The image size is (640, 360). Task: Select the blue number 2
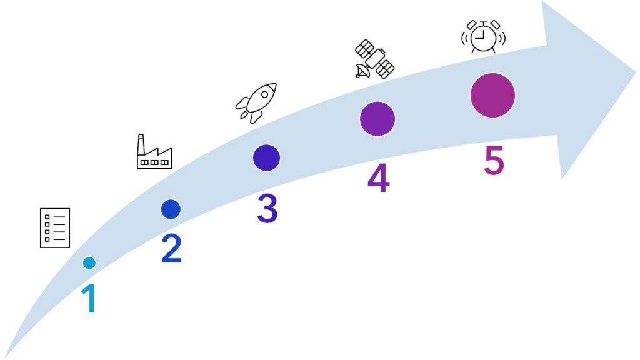[171, 248]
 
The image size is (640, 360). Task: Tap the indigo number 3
[267, 209]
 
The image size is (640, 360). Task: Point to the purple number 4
[378, 178]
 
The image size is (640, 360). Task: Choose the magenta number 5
[493, 161]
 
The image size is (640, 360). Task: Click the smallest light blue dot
[89, 263]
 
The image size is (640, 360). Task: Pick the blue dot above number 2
[171, 209]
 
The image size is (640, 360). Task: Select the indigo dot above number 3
[266, 157]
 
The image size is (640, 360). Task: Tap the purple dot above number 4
[377, 119]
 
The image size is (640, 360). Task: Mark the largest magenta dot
[492, 96]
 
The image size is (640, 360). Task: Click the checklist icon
[55, 227]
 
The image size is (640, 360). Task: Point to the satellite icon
[374, 59]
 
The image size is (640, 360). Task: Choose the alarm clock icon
[483, 37]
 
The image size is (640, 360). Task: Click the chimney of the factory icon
[141, 142]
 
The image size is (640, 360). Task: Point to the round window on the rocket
[263, 96]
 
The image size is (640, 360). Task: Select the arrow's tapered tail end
[6, 356]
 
